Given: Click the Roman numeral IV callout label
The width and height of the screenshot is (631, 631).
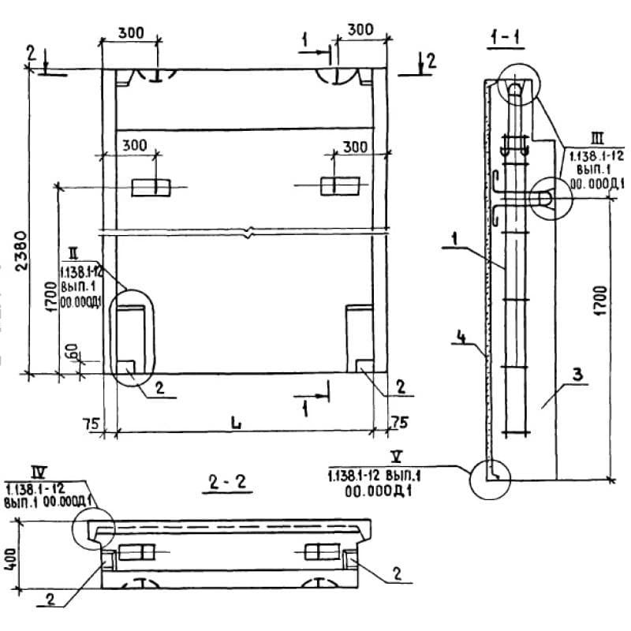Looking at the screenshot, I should [x=38, y=472].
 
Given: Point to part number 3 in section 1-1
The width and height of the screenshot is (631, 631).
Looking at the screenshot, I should [x=577, y=375].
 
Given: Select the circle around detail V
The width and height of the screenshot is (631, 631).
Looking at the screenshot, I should [x=490, y=478].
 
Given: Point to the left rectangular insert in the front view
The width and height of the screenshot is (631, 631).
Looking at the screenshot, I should [x=150, y=186].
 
